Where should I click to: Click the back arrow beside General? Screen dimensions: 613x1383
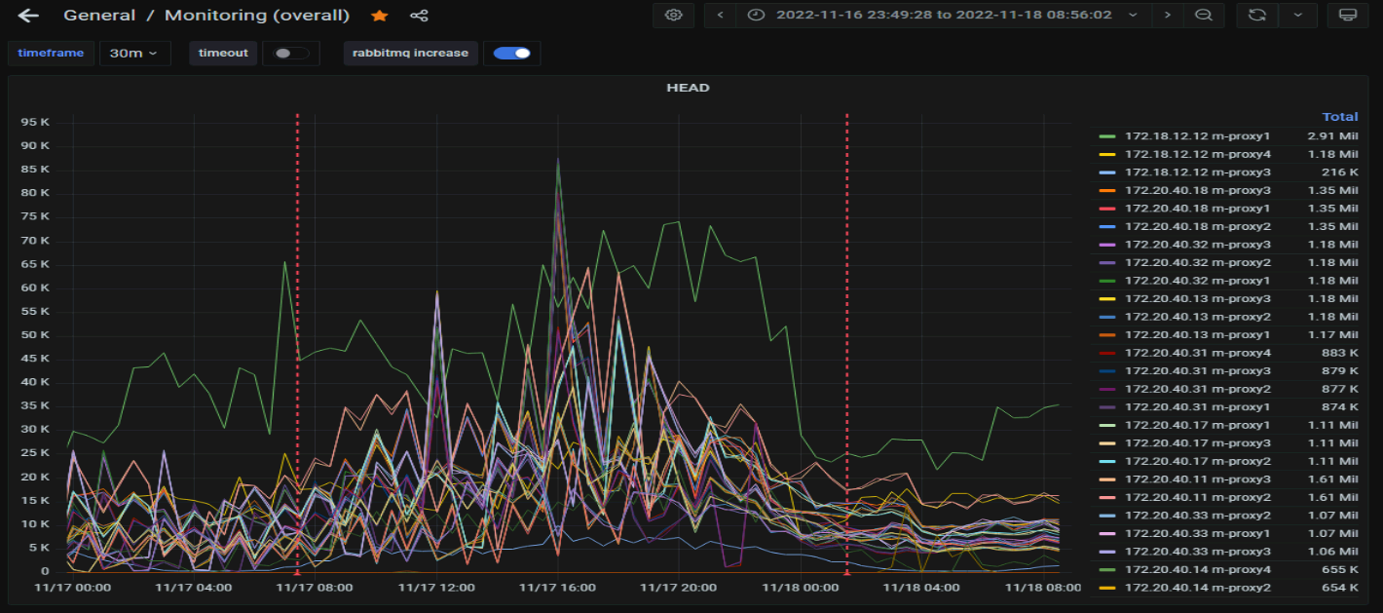[28, 16]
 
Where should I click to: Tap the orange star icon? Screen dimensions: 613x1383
[380, 16]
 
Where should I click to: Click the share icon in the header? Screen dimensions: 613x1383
[419, 16]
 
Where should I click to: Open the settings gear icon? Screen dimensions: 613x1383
[674, 16]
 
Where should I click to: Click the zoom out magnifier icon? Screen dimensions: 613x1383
[1204, 16]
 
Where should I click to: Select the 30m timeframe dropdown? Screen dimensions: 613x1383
[134, 54]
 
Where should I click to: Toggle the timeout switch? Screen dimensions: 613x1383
[290, 54]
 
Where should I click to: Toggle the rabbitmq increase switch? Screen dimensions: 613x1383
[511, 54]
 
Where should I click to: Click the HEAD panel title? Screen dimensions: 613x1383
[688, 88]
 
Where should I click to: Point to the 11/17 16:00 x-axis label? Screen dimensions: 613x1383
[557, 588]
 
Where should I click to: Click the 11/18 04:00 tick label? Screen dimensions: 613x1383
[920, 588]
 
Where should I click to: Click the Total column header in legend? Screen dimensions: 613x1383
[1339, 117]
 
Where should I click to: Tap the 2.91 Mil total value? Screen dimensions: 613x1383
[1333, 136]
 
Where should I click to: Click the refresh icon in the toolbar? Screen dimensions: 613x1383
[1256, 16]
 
